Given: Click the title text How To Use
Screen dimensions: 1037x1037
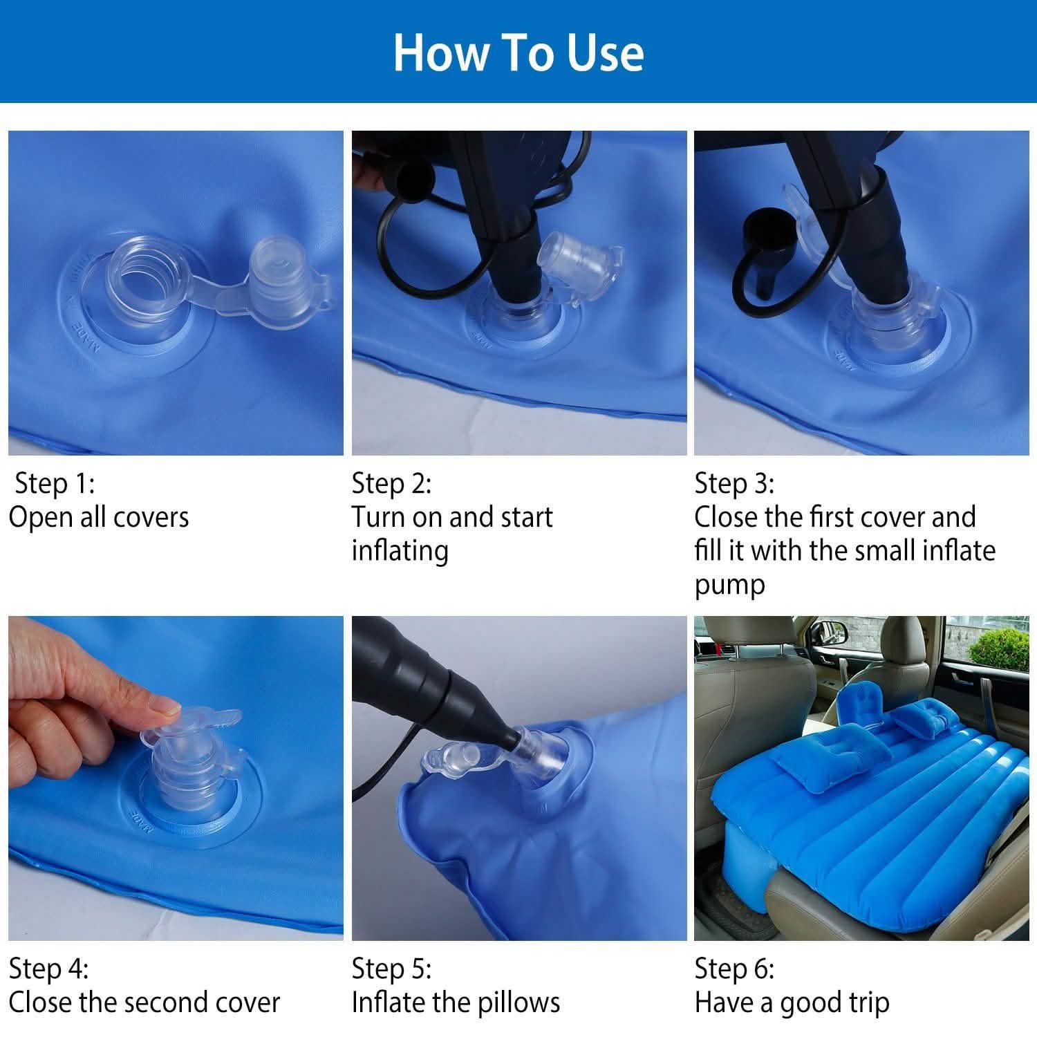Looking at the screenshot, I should (x=518, y=53).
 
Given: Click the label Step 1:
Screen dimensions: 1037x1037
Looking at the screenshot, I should (x=54, y=483).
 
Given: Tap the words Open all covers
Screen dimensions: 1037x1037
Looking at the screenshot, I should (x=98, y=517).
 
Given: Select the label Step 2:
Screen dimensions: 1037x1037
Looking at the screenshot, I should (x=391, y=483).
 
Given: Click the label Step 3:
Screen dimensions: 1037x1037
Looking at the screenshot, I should (x=734, y=483).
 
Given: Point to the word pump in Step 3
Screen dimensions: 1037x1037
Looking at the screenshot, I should (x=729, y=585).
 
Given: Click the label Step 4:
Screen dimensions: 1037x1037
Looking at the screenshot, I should (x=48, y=969).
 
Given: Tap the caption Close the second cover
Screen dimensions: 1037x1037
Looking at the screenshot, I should (x=144, y=1002).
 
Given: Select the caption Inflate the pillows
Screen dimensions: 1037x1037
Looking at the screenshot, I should (x=456, y=1002).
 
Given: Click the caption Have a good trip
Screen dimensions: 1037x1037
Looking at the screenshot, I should (x=792, y=1002).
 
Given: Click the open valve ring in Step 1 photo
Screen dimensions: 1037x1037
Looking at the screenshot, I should (x=135, y=277).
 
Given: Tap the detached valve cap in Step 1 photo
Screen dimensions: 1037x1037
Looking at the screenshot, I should (x=277, y=273).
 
